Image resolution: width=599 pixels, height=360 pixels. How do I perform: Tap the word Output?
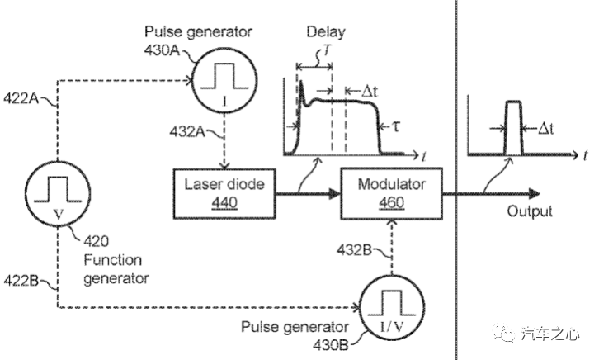tap(529, 211)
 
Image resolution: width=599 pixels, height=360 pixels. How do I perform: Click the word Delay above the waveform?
tap(325, 32)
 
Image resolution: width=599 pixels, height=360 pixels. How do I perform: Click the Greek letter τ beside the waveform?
tap(396, 129)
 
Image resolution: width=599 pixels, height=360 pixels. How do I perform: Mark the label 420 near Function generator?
tap(97, 242)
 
